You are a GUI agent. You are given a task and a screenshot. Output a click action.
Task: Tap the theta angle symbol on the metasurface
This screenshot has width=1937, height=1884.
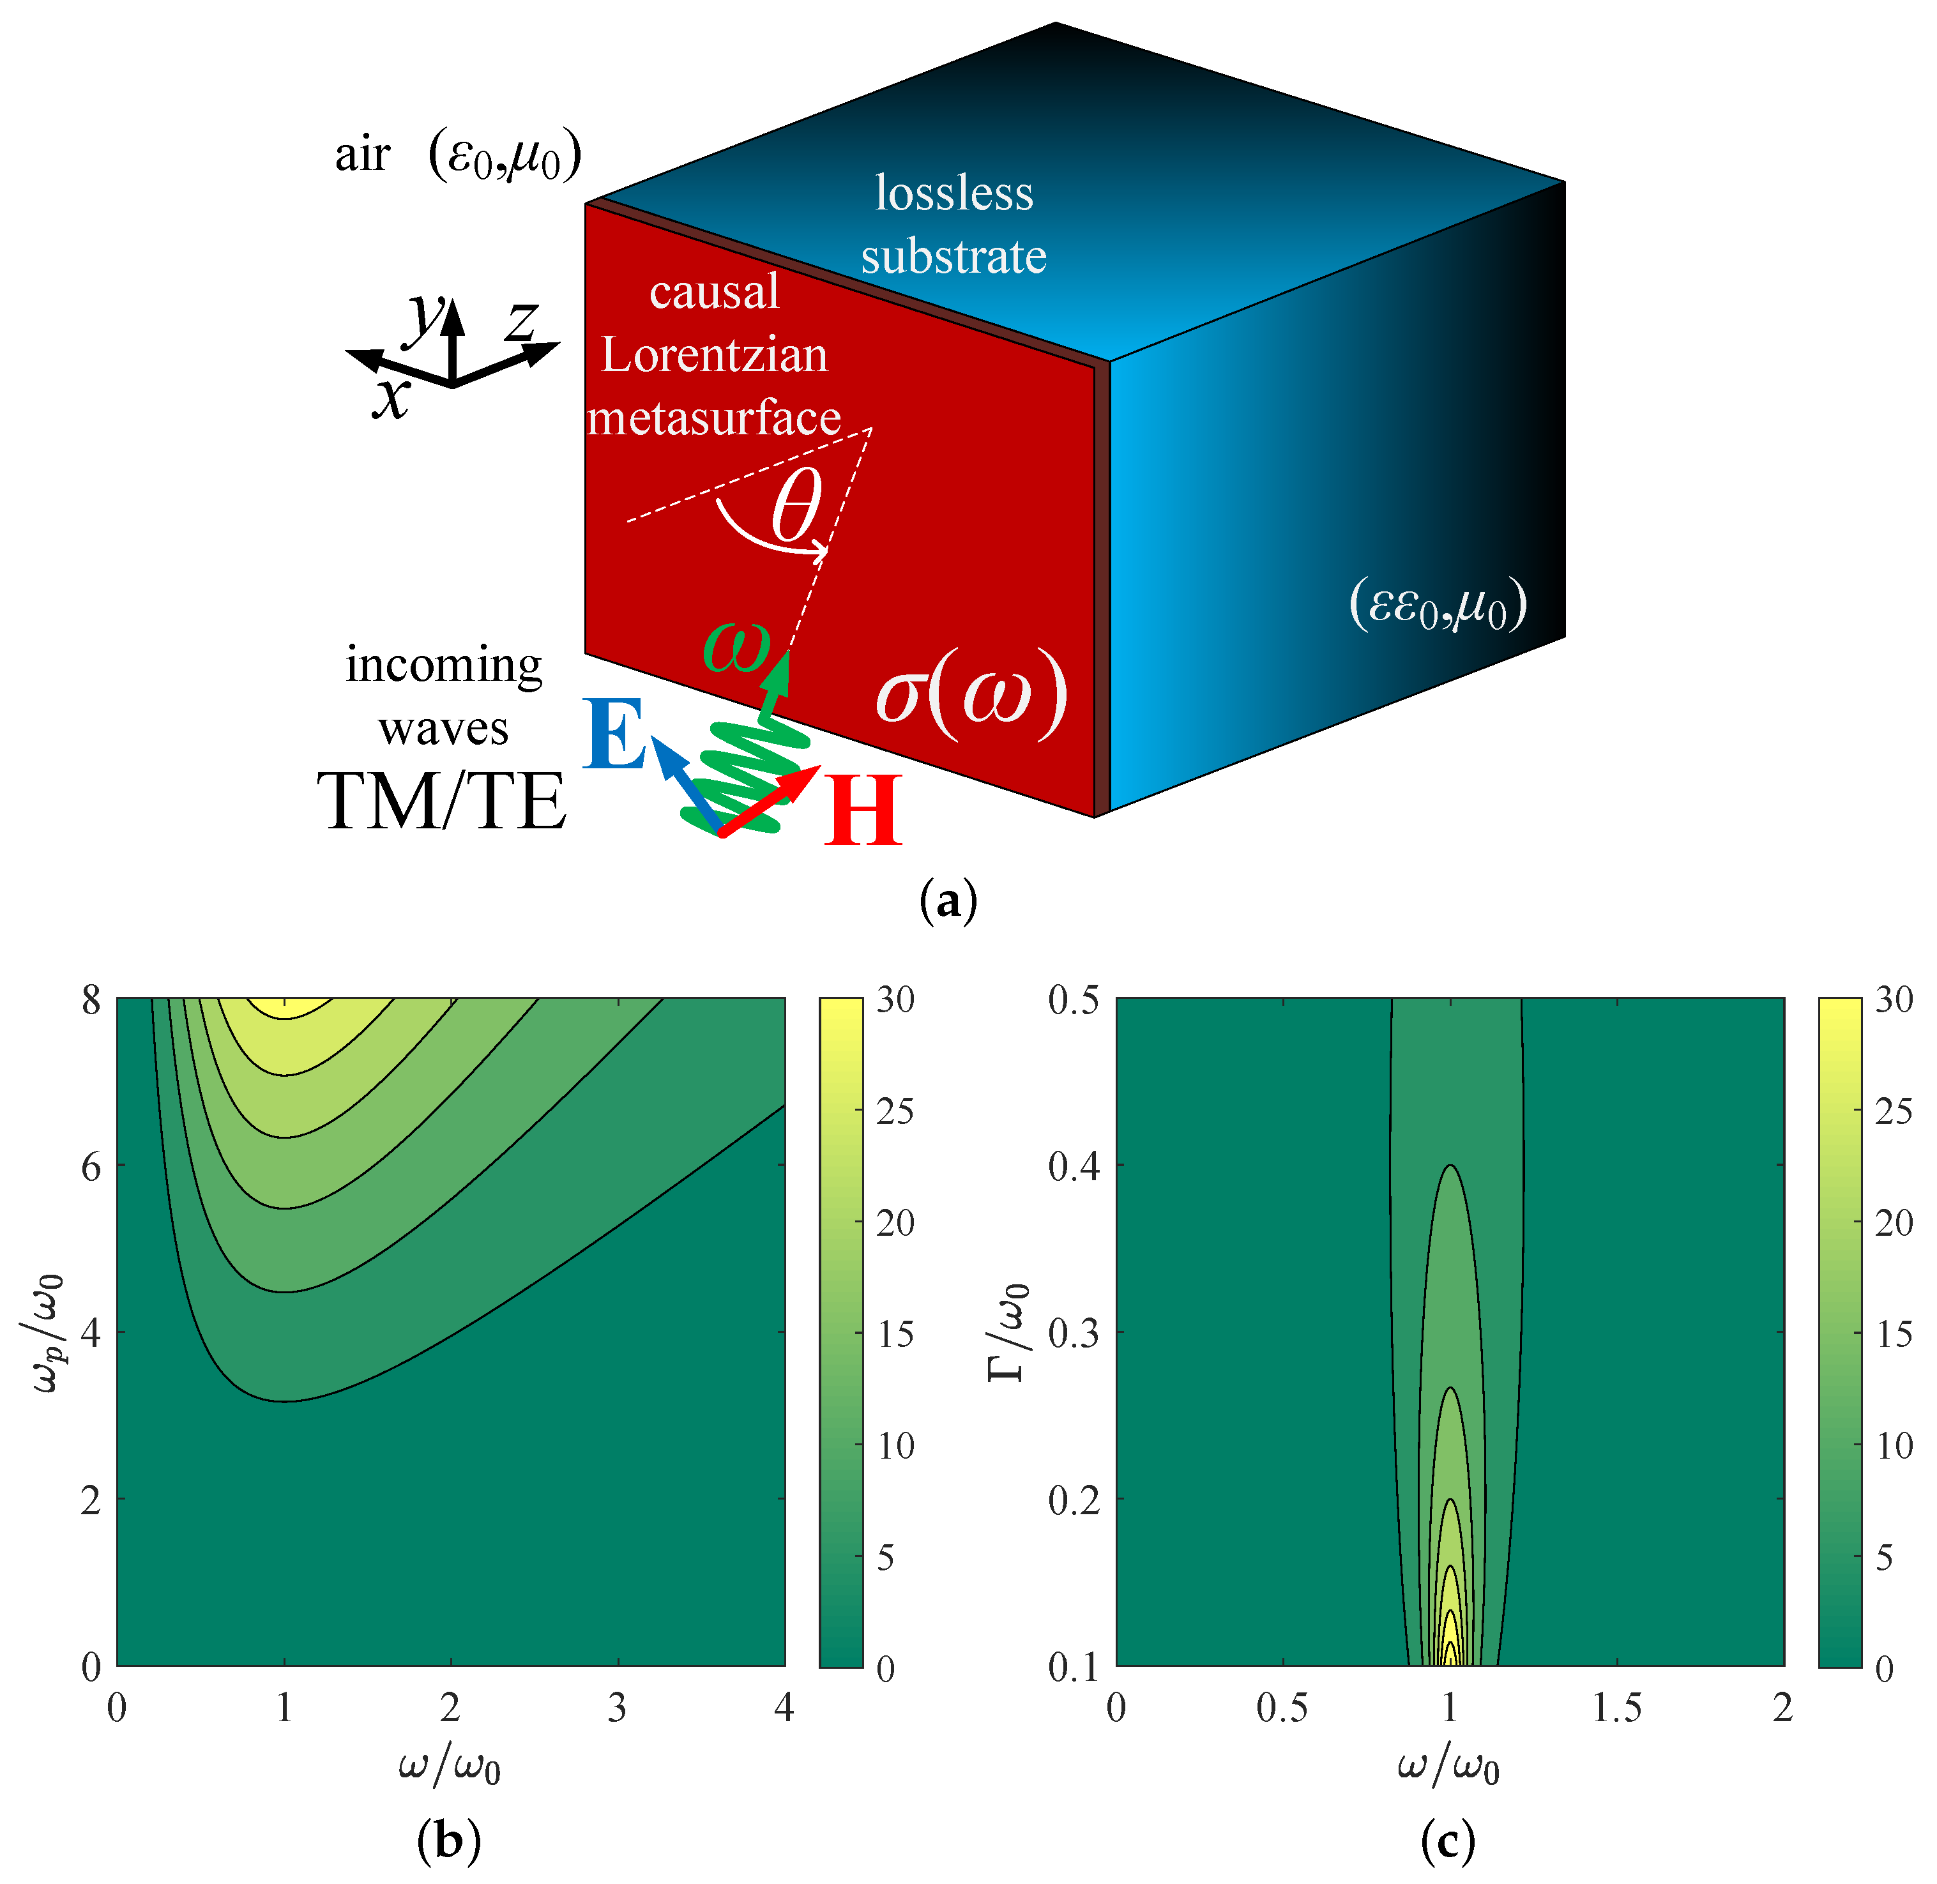click(x=796, y=505)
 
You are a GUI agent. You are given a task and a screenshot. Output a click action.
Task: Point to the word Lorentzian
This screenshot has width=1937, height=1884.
click(x=714, y=354)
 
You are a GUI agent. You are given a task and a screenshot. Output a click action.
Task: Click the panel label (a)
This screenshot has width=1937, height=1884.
click(x=948, y=901)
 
